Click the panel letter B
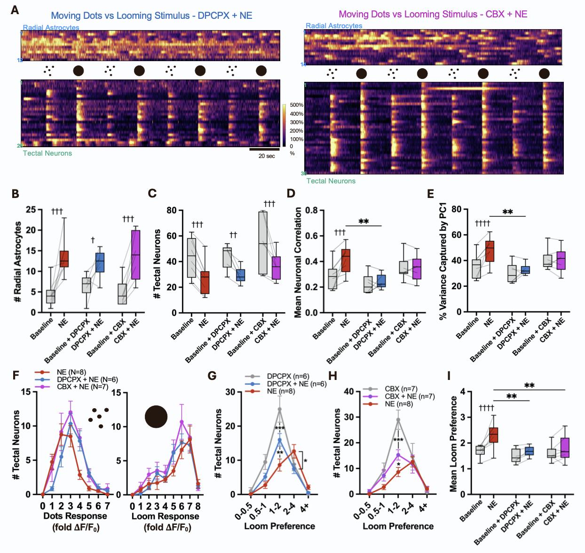click(x=15, y=193)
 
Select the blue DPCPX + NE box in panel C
click(x=240, y=275)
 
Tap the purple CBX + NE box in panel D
click(x=416, y=269)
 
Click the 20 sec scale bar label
click(x=267, y=156)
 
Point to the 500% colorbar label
click(x=296, y=105)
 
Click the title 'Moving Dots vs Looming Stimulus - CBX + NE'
click(x=433, y=14)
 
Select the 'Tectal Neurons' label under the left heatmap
click(x=47, y=153)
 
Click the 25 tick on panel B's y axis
click(x=31, y=210)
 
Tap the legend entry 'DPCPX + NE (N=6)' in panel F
click(x=87, y=379)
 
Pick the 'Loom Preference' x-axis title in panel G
click(x=279, y=526)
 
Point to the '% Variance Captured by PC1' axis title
click(x=443, y=262)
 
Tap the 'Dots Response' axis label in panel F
click(x=76, y=516)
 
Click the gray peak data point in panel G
click(x=279, y=409)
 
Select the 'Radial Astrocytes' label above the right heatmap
click(x=334, y=26)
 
